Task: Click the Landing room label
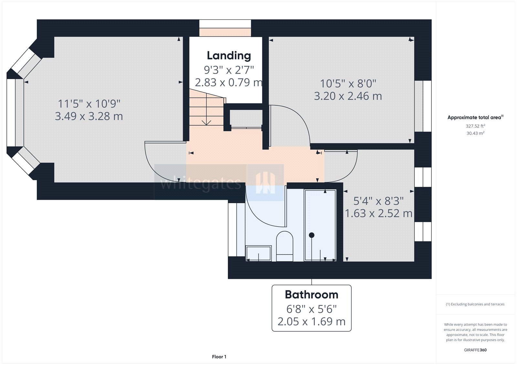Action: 229,56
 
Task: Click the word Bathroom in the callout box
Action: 311,295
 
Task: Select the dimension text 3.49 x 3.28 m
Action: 89,116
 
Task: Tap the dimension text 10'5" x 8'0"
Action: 348,84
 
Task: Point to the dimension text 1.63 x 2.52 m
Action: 378,213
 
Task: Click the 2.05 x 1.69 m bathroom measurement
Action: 311,321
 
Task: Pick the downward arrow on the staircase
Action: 206,122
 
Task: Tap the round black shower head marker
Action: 311,235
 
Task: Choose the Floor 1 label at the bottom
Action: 219,357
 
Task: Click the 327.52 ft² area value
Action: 475,126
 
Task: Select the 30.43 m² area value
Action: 475,133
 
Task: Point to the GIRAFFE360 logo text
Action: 475,350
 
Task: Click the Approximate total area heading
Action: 474,117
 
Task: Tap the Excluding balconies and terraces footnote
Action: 475,304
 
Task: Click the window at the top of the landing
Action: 225,25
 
